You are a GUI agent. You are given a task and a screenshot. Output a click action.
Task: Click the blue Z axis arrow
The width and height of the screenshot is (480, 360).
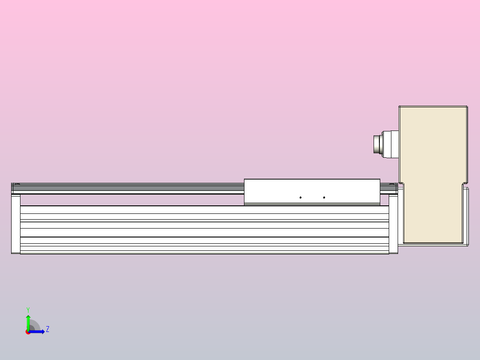coord(38,331)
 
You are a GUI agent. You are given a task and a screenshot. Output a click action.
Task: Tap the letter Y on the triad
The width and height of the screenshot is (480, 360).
coord(28,309)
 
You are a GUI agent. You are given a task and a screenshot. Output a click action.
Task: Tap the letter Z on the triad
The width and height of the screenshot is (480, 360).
coord(48,329)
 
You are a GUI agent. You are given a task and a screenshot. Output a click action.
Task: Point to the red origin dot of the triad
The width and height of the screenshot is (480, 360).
coord(28,332)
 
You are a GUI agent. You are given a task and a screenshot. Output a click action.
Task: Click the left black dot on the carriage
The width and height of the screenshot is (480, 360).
coord(301,197)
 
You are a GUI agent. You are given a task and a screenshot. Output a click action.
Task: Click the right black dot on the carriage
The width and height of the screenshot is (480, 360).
coord(324,197)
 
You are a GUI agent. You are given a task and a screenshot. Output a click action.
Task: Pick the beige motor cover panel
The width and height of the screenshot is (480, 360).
coord(432,169)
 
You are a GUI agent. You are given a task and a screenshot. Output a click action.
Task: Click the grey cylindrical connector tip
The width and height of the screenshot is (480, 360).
coord(377,143)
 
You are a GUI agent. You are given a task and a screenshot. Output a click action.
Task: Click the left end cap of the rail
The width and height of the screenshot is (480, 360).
coord(16,223)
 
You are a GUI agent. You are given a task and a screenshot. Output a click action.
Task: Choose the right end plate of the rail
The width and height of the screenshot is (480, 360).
coord(393,223)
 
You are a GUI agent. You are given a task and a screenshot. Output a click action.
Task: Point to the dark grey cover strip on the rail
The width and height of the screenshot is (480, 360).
coord(129,188)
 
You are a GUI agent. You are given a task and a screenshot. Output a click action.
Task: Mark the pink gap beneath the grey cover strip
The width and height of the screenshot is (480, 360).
coord(129,200)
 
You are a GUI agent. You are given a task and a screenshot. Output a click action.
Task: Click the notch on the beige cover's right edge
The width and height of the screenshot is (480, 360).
coord(465,184)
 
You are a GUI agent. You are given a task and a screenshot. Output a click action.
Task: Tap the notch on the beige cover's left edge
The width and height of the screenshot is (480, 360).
coord(401,184)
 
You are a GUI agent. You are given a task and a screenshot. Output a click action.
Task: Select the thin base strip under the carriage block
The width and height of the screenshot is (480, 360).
coord(312,204)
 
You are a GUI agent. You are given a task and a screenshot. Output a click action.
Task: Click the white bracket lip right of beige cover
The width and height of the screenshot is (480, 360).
coord(467,216)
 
